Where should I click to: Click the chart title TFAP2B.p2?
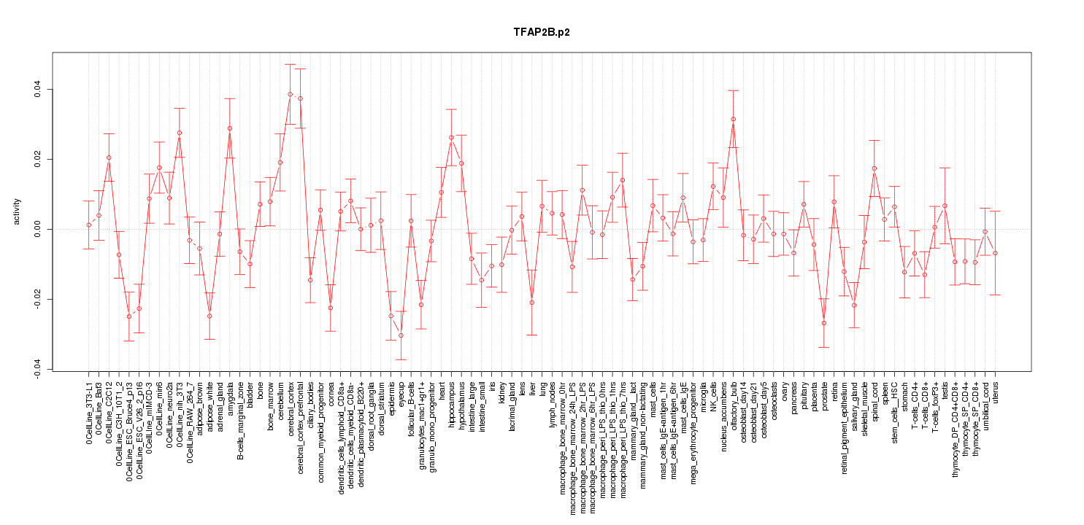tap(542, 33)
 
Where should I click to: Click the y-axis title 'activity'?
tap(18, 211)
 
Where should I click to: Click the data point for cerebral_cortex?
tap(290, 94)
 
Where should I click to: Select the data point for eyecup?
tap(401, 335)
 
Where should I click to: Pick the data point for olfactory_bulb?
tap(734, 119)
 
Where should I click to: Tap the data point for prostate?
tap(824, 323)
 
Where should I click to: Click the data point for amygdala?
tap(230, 128)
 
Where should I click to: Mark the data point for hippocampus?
tap(451, 137)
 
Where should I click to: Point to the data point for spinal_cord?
tap(874, 168)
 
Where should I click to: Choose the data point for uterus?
tap(995, 253)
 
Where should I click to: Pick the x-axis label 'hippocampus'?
tap(452, 403)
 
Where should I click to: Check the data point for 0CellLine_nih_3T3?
tap(180, 133)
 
